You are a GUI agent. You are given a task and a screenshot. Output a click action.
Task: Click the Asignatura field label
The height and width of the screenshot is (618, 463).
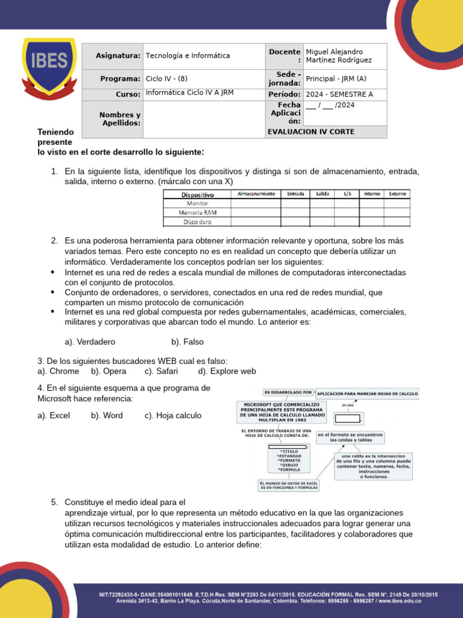(x=118, y=56)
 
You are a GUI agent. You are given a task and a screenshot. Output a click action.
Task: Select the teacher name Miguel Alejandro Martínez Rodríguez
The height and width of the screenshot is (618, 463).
(x=338, y=56)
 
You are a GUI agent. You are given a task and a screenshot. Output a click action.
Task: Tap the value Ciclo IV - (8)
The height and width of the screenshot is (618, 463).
(x=167, y=78)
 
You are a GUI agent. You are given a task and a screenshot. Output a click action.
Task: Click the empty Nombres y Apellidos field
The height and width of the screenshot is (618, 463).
(x=204, y=119)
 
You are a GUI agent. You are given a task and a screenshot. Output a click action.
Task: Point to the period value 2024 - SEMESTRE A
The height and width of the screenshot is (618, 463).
(x=339, y=95)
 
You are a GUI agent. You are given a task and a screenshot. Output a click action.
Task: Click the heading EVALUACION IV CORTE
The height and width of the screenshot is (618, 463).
(x=310, y=132)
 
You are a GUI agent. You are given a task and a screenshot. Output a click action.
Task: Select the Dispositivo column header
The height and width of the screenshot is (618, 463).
(x=197, y=195)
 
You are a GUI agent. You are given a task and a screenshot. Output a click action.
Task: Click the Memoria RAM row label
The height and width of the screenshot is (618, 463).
(x=197, y=212)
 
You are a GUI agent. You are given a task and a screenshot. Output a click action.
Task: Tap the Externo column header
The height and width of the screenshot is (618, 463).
(x=397, y=194)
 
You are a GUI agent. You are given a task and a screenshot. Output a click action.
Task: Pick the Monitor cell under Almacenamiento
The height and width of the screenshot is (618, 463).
(x=256, y=203)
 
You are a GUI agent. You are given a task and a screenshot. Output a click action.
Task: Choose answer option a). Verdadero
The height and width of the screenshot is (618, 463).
(x=90, y=342)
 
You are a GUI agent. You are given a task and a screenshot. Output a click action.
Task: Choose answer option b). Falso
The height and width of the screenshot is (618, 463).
(x=187, y=342)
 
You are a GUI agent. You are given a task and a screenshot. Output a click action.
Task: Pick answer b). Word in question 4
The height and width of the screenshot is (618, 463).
(x=107, y=415)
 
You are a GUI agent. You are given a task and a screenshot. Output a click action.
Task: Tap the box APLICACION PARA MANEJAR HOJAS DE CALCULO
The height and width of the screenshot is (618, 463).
(x=367, y=393)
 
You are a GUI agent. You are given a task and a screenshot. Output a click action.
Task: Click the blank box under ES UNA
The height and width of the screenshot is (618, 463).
(x=348, y=418)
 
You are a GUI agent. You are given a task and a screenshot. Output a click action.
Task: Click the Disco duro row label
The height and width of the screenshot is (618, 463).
(x=197, y=222)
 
